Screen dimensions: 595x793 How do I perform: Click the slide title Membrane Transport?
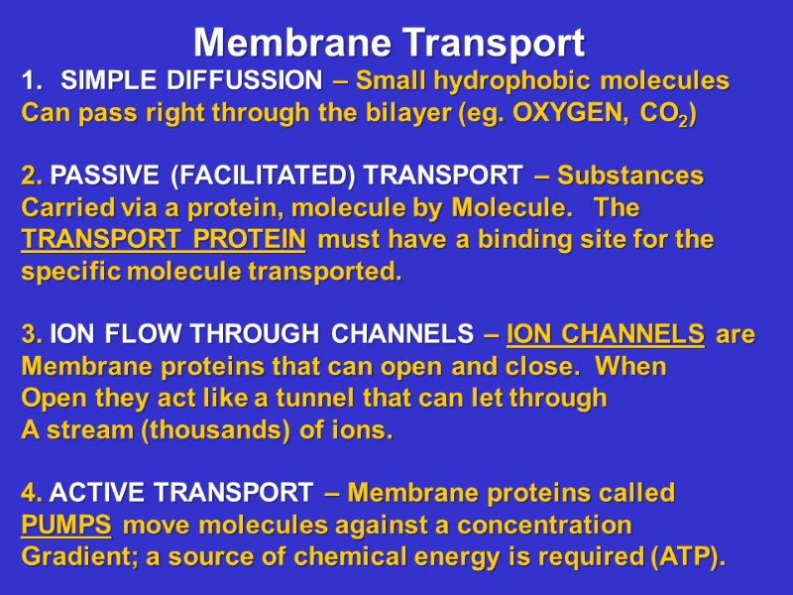coord(389,43)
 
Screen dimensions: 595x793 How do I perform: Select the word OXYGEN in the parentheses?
coord(568,113)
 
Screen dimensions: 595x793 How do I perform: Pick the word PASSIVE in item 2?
coord(105,176)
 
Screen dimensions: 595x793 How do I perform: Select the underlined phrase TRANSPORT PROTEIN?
coord(164,240)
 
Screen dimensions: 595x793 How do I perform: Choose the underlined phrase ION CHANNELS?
coord(606,335)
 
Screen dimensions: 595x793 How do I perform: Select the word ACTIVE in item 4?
coord(97,493)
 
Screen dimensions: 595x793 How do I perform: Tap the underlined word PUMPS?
coord(65,525)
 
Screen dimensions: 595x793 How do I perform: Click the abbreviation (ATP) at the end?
coord(686,557)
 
